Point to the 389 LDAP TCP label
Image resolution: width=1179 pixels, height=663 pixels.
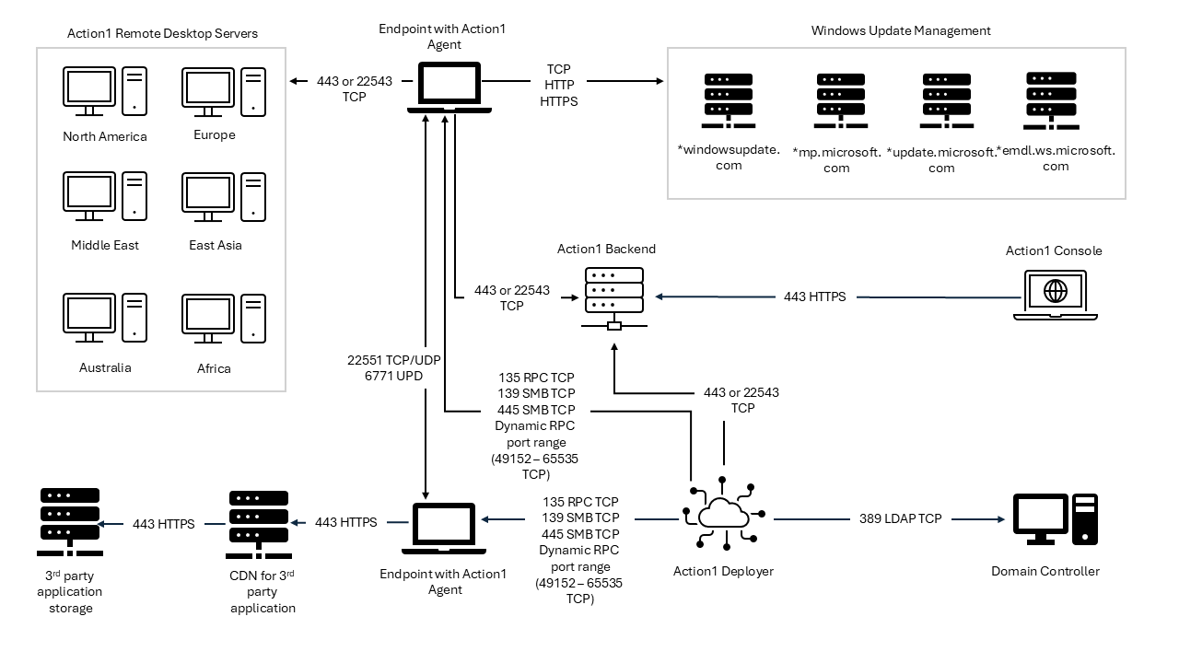coord(900,518)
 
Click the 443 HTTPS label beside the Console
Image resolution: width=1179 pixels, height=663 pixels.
coord(814,297)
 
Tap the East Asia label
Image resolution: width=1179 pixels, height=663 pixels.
coord(216,245)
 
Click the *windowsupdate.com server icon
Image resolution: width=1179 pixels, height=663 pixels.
coord(729,100)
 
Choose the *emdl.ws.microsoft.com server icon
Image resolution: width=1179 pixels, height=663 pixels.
coord(1052,100)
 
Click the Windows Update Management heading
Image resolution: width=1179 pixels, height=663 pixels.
coord(900,30)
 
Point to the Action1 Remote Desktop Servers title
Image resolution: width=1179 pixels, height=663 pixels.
coord(162,33)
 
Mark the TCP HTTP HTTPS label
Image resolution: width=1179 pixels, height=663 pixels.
coord(558,85)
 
